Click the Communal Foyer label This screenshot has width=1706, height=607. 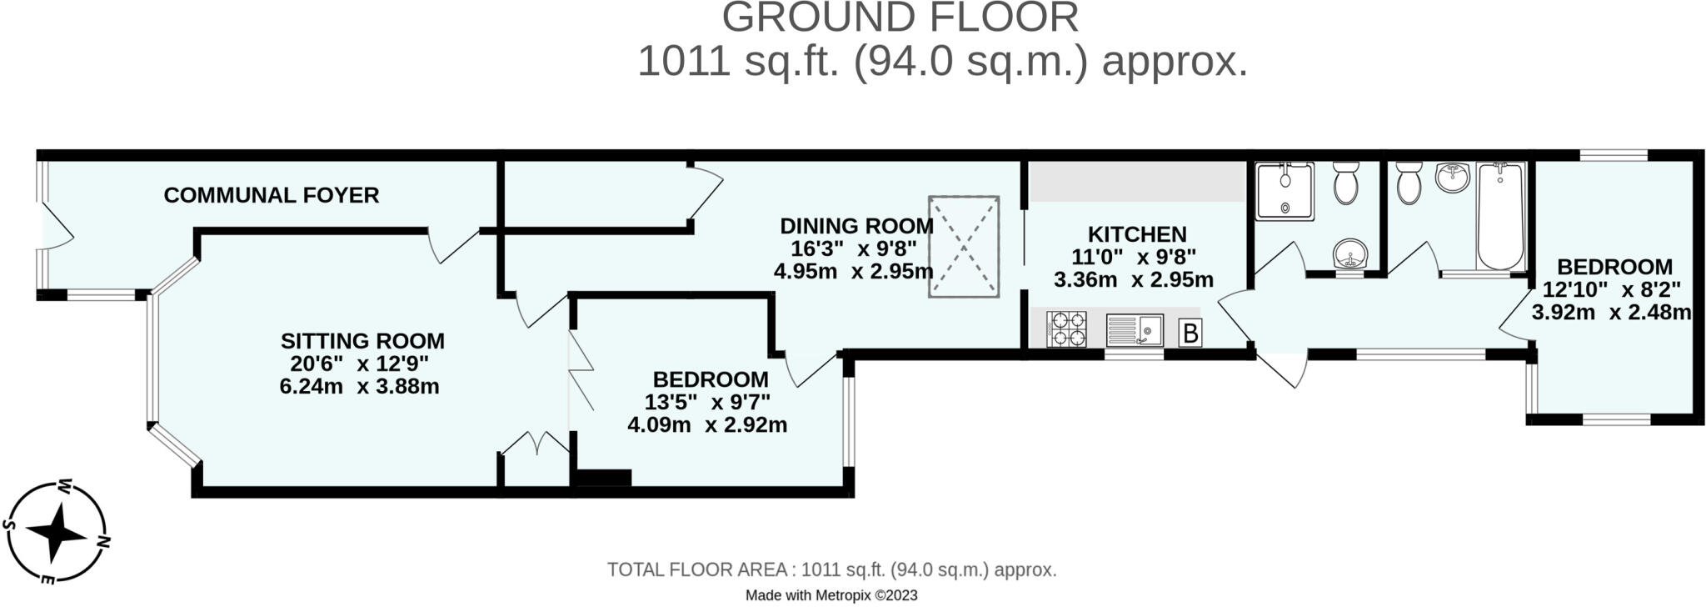click(272, 195)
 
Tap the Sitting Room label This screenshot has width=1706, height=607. click(362, 341)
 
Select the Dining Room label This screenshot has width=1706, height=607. click(856, 226)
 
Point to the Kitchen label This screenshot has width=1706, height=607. click(1137, 234)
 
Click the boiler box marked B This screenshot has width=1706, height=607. click(1190, 334)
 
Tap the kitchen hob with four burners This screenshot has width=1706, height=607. click(1066, 329)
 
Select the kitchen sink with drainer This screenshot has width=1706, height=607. click(1135, 330)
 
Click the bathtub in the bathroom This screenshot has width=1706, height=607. click(1501, 217)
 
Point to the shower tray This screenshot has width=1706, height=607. click(1285, 191)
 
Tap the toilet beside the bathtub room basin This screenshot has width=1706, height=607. click(1409, 183)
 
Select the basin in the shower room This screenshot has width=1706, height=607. click(1349, 254)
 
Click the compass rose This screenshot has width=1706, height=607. click(57, 531)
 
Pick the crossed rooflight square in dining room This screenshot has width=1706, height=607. click(964, 246)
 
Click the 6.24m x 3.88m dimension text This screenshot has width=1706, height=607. click(360, 387)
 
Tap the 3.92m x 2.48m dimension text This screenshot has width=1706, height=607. click(1612, 313)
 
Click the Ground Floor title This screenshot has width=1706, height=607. click(900, 18)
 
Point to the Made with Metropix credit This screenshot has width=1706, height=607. click(831, 595)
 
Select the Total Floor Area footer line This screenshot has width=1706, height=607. click(831, 570)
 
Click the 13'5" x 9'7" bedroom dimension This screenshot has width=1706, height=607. click(707, 402)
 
